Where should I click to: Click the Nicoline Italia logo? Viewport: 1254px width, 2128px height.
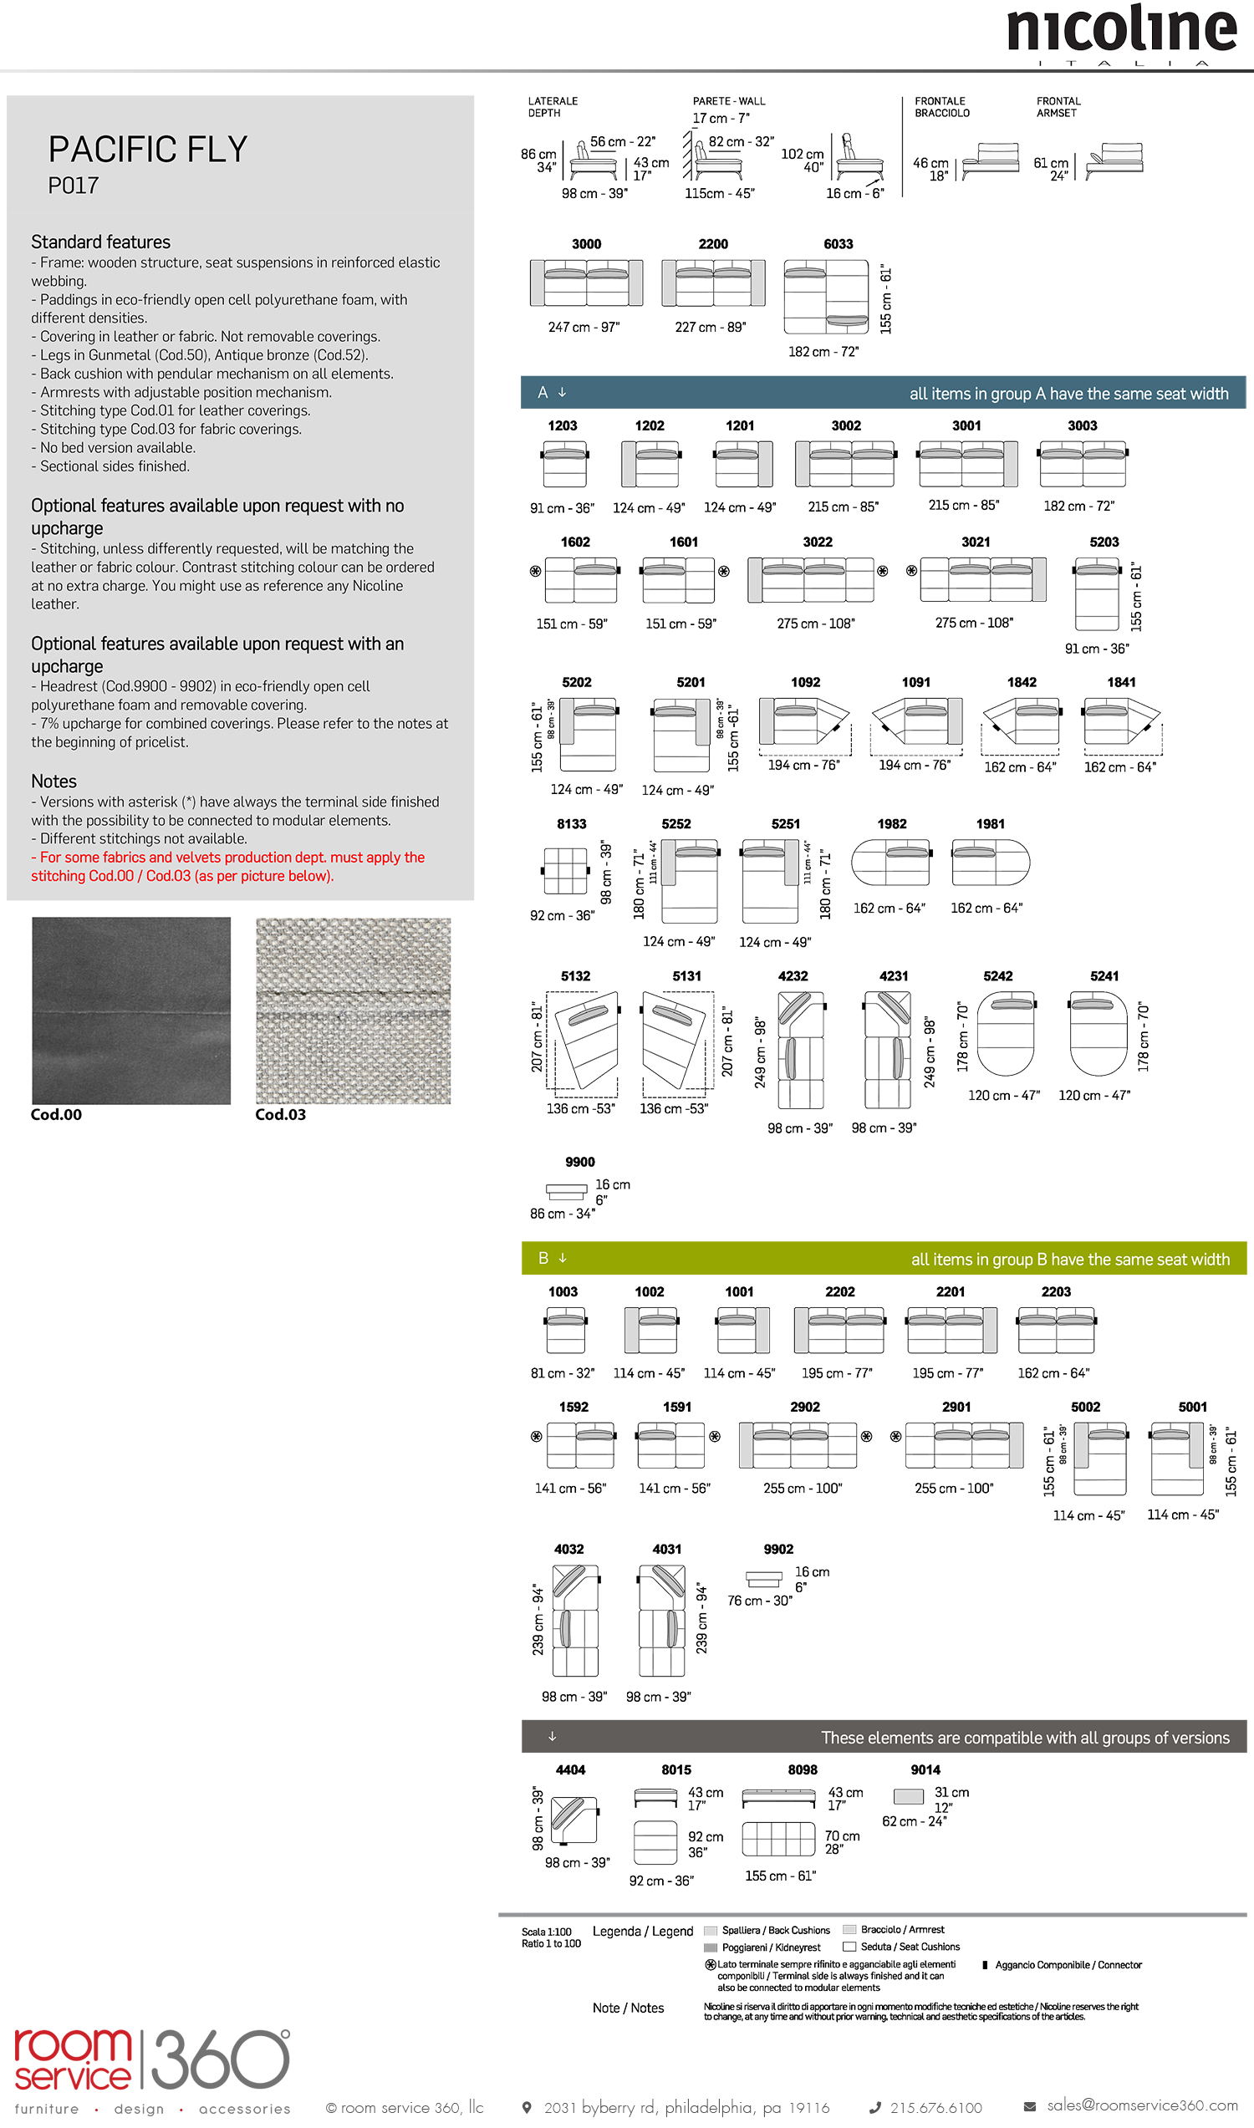(1121, 33)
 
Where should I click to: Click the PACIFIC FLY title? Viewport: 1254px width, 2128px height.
(148, 150)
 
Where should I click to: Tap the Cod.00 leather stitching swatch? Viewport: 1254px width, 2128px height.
(131, 1011)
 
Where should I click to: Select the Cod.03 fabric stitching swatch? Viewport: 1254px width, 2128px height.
(354, 1011)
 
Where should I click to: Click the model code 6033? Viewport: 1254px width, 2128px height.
(838, 244)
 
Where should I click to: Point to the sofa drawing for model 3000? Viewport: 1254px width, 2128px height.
(585, 283)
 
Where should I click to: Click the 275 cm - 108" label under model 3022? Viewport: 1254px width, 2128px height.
(815, 624)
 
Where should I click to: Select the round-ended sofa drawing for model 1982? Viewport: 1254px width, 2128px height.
(890, 862)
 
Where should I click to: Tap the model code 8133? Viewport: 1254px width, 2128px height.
(571, 823)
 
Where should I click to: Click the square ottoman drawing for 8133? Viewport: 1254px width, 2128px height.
(565, 870)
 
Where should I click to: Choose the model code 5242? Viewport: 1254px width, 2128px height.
(997, 975)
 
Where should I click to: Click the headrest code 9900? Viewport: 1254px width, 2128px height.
(579, 1162)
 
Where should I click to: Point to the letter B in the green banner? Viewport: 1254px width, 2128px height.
(543, 1258)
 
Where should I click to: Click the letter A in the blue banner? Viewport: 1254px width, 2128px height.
(543, 392)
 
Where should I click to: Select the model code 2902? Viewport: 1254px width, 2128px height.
(804, 1407)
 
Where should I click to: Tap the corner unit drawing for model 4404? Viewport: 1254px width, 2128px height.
(573, 1820)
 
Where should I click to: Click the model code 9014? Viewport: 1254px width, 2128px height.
(925, 1769)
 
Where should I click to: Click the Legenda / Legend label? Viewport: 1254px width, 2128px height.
(642, 1932)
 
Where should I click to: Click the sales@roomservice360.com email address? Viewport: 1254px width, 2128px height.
(1142, 2105)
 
